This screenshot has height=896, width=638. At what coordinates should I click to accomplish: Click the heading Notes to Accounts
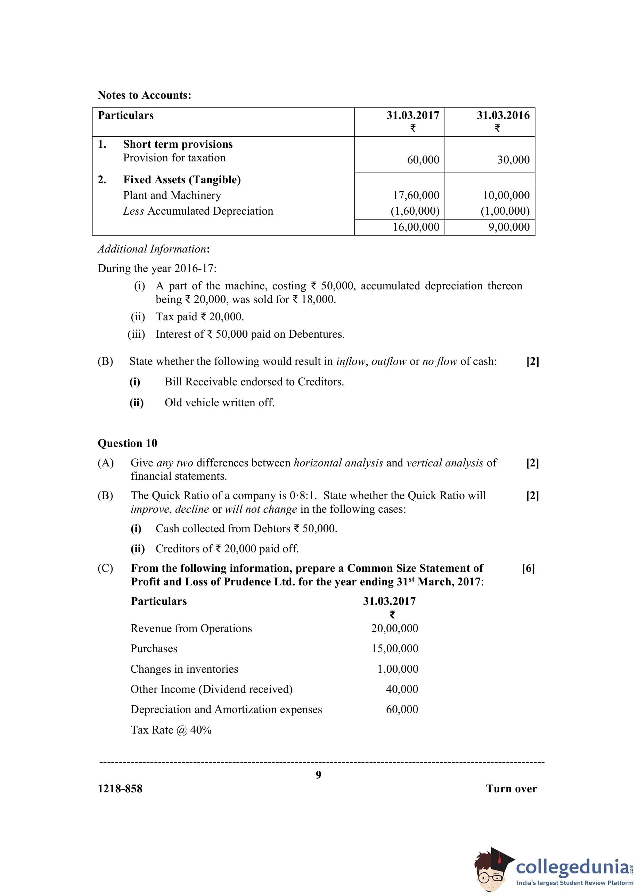coord(144,95)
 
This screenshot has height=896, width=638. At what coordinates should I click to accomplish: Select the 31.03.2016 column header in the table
coord(503,115)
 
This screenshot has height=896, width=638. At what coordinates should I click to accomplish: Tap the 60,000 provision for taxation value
coord(423,160)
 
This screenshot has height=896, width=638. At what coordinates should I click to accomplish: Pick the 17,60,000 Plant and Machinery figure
coord(416,195)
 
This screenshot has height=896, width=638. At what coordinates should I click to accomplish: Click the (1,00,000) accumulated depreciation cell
coord(505,211)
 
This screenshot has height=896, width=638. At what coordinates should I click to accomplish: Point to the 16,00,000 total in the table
coord(416,227)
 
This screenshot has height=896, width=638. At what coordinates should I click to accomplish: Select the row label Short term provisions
coord(178,144)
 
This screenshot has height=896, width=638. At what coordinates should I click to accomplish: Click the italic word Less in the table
coord(133,211)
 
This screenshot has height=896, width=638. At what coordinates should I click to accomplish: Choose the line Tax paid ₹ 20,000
coord(199,317)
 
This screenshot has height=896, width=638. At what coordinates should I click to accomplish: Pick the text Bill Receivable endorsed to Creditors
coord(254,382)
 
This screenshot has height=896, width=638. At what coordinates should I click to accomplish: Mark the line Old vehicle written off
coord(219,402)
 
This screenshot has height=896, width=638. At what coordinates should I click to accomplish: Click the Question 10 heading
coord(127,443)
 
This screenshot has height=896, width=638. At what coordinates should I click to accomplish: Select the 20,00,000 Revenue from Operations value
coord(394,628)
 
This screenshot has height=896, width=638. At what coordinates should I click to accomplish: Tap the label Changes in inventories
coord(184,669)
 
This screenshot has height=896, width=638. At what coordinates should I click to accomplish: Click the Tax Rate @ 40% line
coord(171,730)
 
